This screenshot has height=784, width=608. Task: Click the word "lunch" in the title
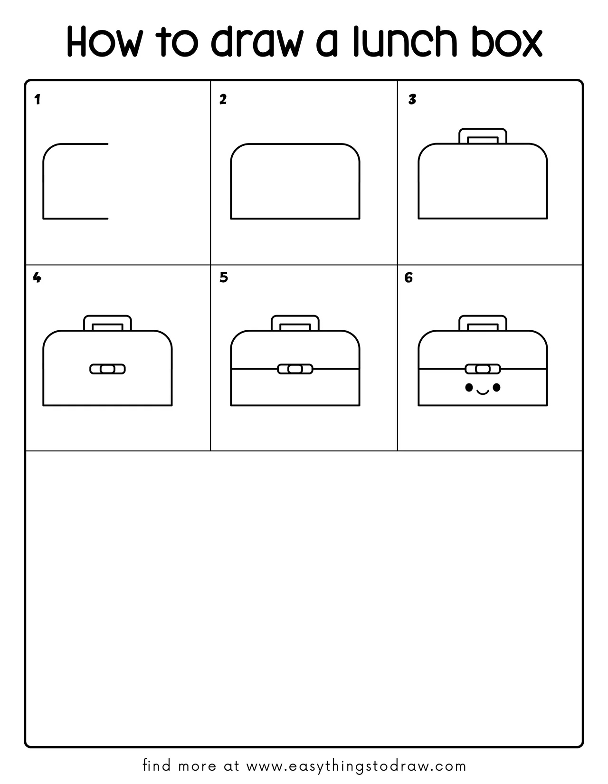pyautogui.click(x=405, y=41)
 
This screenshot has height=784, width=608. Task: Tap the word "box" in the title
pyautogui.click(x=507, y=41)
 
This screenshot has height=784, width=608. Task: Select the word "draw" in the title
pyautogui.click(x=256, y=41)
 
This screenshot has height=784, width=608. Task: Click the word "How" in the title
pyautogui.click(x=105, y=41)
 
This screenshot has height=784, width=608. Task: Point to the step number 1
pyautogui.click(x=37, y=100)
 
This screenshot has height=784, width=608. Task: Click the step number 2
pyautogui.click(x=223, y=100)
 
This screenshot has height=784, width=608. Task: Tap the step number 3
pyautogui.click(x=412, y=100)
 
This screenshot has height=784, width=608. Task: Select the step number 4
pyautogui.click(x=37, y=277)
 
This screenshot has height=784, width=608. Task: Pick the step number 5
pyautogui.click(x=224, y=277)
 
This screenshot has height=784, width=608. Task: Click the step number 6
pyautogui.click(x=408, y=277)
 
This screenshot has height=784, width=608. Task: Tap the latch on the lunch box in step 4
pyautogui.click(x=107, y=369)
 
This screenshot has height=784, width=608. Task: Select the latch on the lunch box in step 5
pyautogui.click(x=295, y=369)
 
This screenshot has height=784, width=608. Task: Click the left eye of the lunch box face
pyautogui.click(x=469, y=388)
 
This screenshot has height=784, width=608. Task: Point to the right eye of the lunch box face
pyautogui.click(x=496, y=388)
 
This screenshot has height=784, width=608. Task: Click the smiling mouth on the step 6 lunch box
pyautogui.click(x=483, y=392)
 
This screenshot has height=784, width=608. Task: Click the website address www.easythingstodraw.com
pyautogui.click(x=356, y=765)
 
